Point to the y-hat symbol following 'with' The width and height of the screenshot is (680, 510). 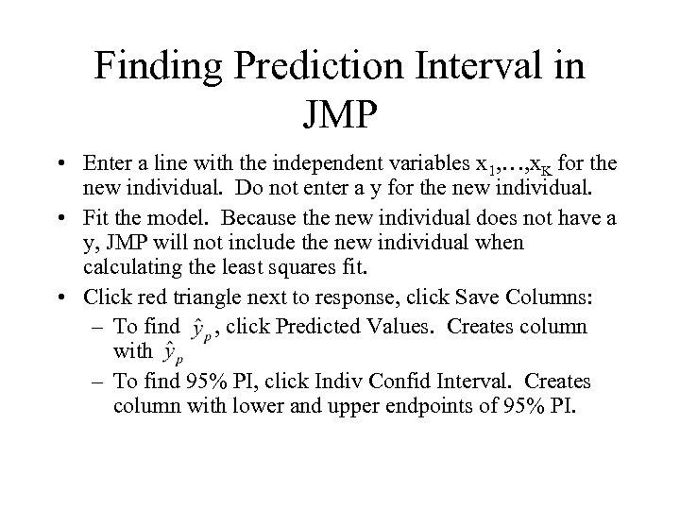click(171, 353)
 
